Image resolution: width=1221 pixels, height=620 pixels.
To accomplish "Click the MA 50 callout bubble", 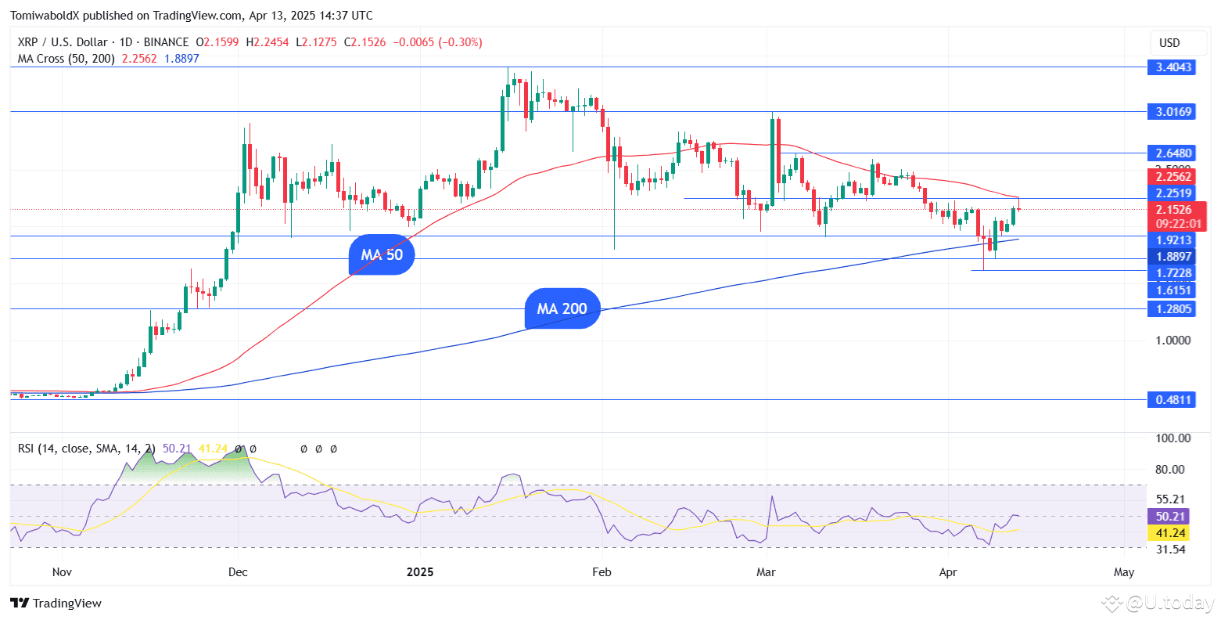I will pyautogui.click(x=382, y=254).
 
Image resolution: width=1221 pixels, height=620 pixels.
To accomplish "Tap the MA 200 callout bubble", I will pyautogui.click(x=562, y=308).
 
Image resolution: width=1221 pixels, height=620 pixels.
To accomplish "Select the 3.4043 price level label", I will pyautogui.click(x=1173, y=67).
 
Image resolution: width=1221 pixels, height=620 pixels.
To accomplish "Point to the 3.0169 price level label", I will pyautogui.click(x=1173, y=112).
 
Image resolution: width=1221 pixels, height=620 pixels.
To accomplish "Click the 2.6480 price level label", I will pyautogui.click(x=1173, y=153).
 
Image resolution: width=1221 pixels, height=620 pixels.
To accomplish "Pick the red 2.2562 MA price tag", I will pyautogui.click(x=1173, y=177).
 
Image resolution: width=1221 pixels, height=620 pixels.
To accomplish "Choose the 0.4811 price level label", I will pyautogui.click(x=1173, y=400).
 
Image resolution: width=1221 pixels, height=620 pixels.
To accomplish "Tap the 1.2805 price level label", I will pyautogui.click(x=1173, y=309).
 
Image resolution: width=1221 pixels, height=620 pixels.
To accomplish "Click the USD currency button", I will pyautogui.click(x=1169, y=43).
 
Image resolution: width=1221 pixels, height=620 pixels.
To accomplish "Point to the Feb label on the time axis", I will pyautogui.click(x=602, y=572).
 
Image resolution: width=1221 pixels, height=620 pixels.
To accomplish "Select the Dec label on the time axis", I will pyautogui.click(x=238, y=572).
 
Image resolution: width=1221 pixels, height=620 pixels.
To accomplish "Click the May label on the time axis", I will pyautogui.click(x=1124, y=572).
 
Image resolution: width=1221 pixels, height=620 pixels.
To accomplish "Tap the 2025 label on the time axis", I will pyautogui.click(x=421, y=572).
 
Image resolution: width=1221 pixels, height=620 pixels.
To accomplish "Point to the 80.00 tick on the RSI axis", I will pyautogui.click(x=1170, y=470).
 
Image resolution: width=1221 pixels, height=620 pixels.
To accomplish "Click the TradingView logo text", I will pyautogui.click(x=57, y=603).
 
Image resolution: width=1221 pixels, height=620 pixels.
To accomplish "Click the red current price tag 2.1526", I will pyautogui.click(x=1173, y=210).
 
